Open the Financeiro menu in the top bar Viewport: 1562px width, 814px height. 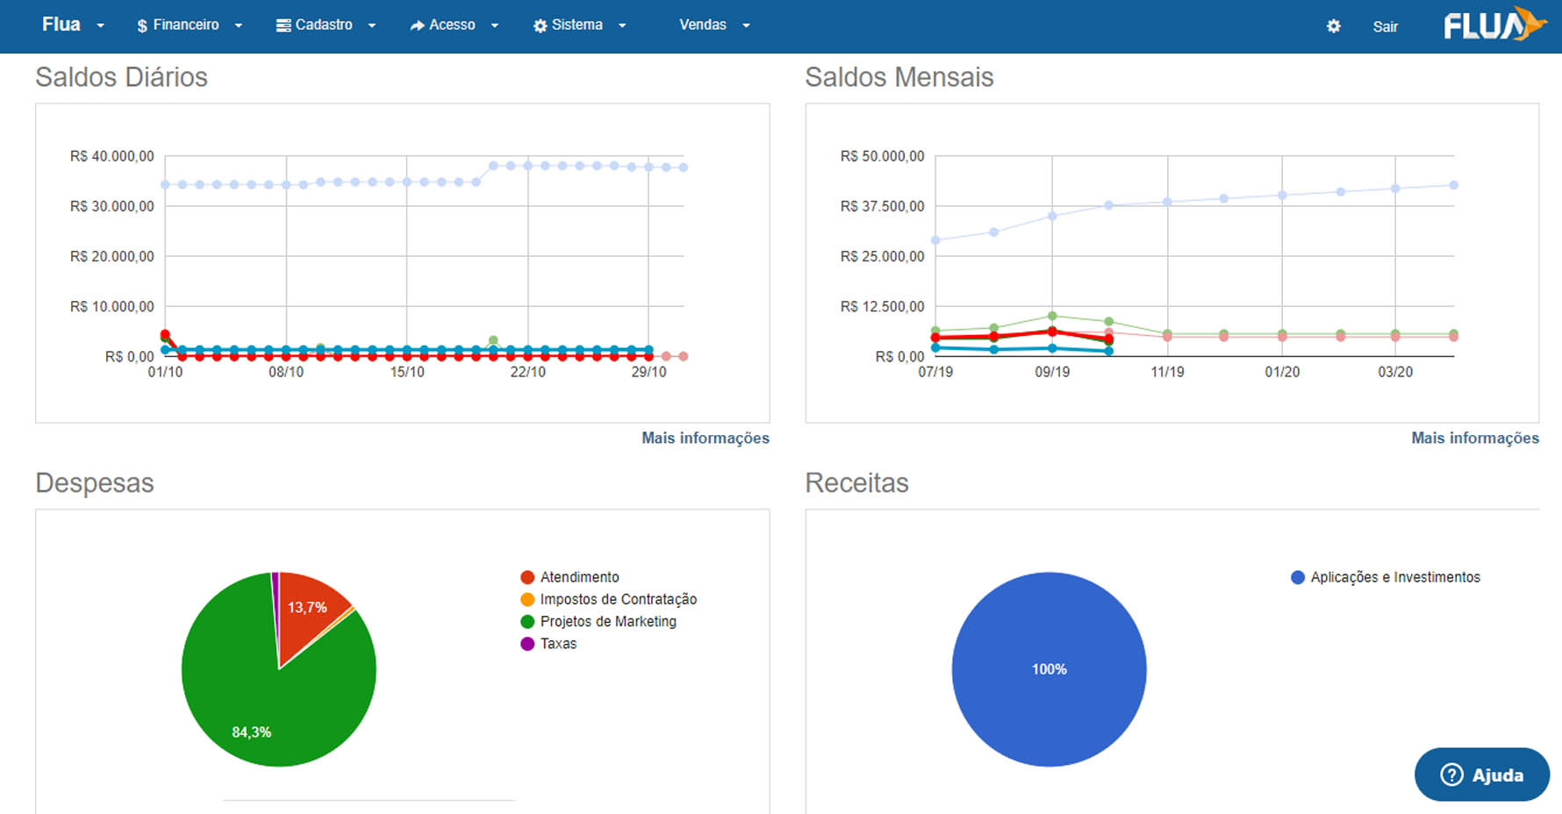coord(189,25)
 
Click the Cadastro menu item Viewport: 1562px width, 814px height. coord(326,25)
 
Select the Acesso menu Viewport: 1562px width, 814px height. coord(454,25)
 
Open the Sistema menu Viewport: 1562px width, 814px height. coord(579,25)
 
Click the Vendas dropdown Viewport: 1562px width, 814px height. coord(714,25)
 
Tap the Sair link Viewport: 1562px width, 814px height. coord(1385,26)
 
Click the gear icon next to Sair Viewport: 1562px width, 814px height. coord(1333,26)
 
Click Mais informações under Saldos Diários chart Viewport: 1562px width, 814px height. coord(705,438)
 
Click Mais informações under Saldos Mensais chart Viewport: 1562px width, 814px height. coord(1474,438)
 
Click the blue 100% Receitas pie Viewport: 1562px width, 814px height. coord(1049,669)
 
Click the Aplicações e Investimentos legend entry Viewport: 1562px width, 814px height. coord(1386,577)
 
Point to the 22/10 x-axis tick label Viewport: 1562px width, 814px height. coord(527,372)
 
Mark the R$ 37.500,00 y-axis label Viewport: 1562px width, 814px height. coord(882,206)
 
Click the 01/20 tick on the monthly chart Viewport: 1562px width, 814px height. coord(1282,372)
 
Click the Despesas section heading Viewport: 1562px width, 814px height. coord(95,483)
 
